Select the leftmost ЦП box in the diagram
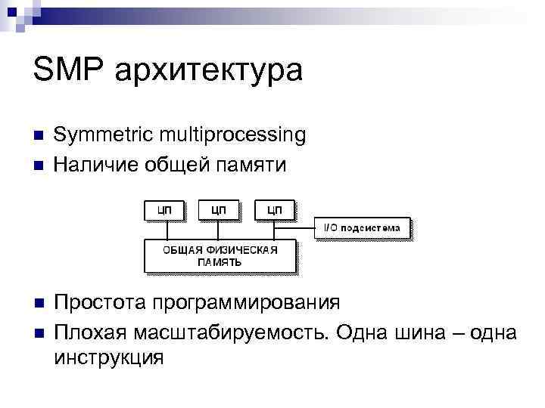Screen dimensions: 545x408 [163, 209]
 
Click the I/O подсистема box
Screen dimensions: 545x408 [363, 227]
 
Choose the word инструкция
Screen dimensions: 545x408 [109, 357]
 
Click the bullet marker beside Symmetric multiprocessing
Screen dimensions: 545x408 [39, 137]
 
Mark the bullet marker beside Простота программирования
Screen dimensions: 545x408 [39, 304]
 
